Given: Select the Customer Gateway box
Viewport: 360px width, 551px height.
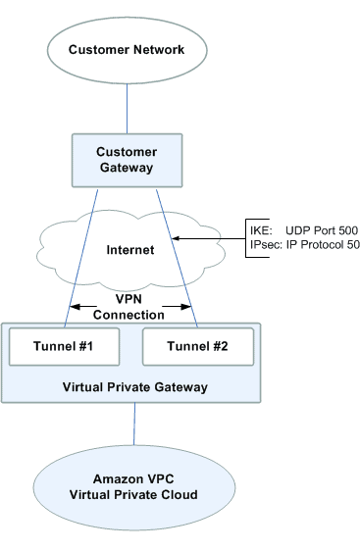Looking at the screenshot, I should click(127, 160).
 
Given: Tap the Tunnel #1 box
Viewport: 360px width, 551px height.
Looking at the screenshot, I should click(63, 345).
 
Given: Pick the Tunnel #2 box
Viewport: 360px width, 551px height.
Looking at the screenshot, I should click(198, 345).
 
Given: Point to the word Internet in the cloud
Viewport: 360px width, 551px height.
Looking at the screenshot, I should click(129, 250).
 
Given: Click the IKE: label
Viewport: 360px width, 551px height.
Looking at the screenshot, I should click(257, 227).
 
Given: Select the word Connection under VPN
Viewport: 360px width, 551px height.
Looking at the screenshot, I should click(129, 315).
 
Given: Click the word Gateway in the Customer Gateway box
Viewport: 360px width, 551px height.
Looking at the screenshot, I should click(127, 168).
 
